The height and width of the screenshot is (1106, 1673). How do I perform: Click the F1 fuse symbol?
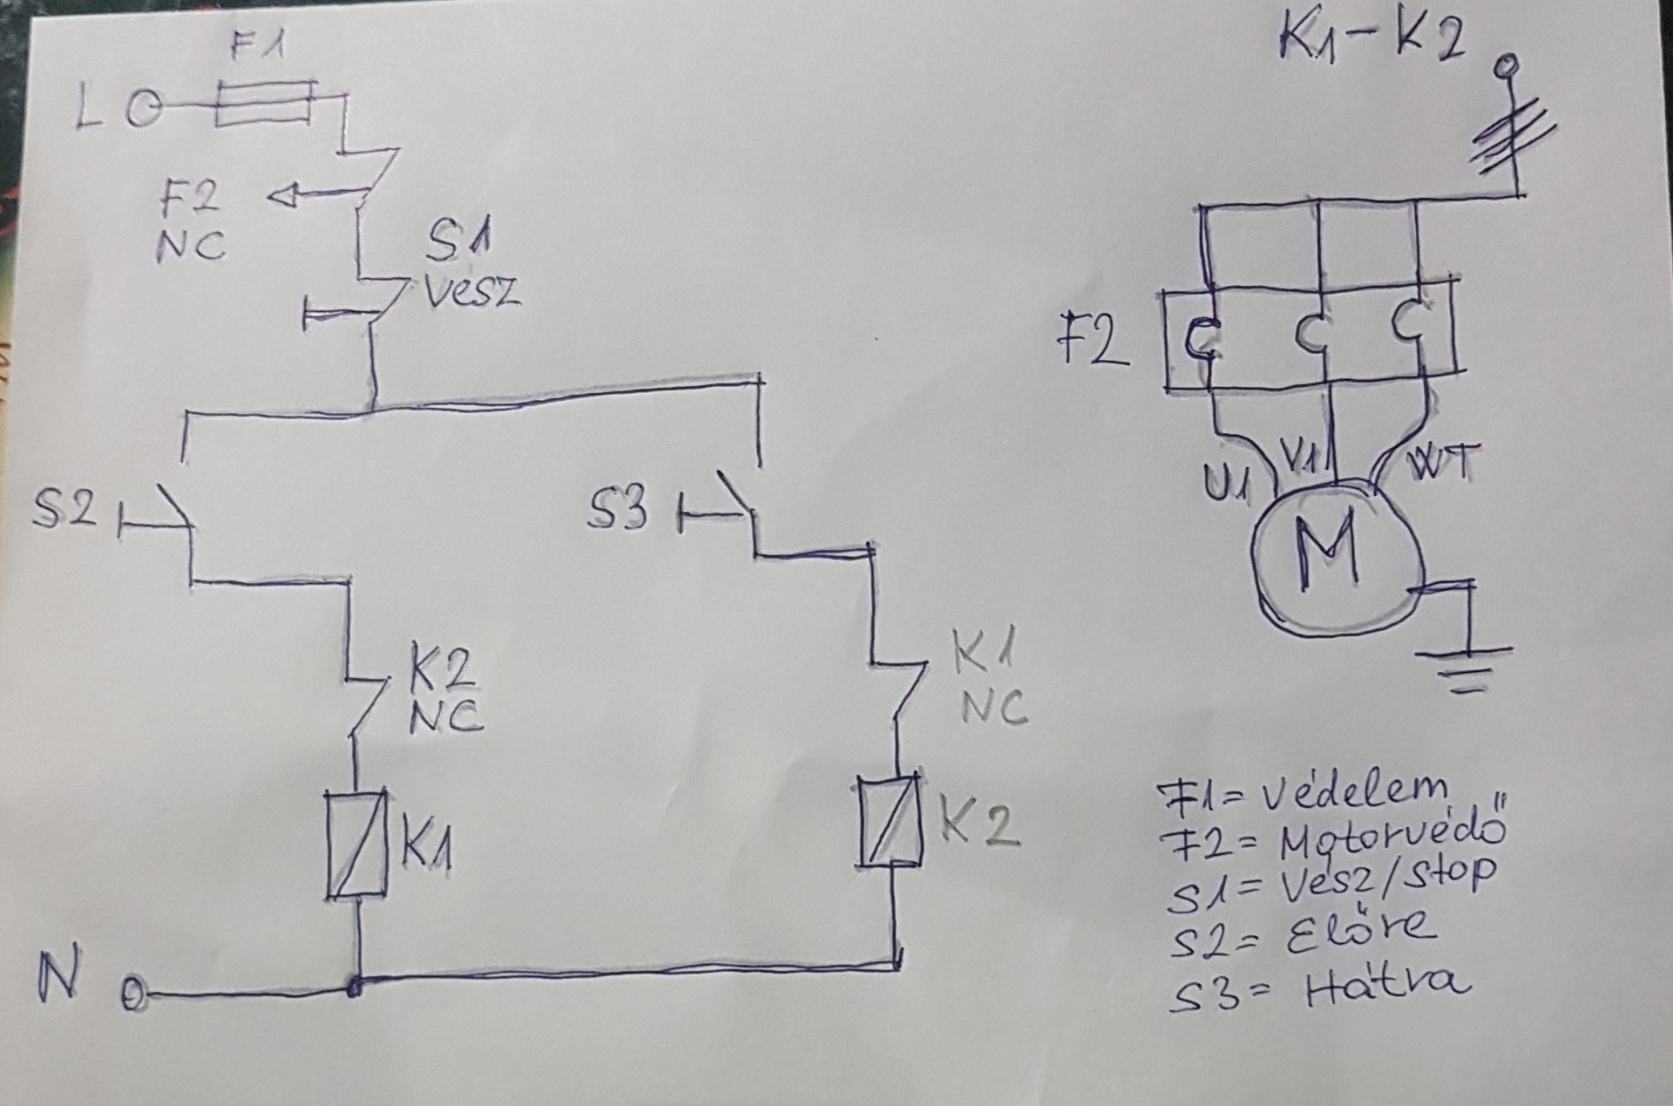pyautogui.click(x=265, y=104)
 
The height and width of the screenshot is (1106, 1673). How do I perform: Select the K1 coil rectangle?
pyautogui.click(x=356, y=845)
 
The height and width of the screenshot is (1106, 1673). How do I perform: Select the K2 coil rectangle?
pyautogui.click(x=890, y=821)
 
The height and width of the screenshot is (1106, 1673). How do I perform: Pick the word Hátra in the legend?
pyautogui.click(x=1385, y=987)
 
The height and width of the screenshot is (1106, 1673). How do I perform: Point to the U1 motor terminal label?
pyautogui.click(x=1226, y=482)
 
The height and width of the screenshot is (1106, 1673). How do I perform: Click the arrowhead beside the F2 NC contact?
pyautogui.click(x=283, y=198)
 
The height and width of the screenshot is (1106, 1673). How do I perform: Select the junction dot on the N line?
pyautogui.click(x=355, y=987)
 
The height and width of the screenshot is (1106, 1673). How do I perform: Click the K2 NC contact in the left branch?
pyautogui.click(x=366, y=702)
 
